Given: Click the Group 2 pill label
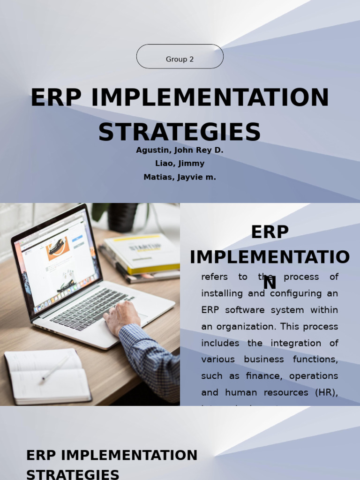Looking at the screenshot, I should pos(180,60).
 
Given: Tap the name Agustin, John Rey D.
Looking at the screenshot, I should pos(180,150).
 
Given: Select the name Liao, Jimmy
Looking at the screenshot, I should pos(180,164).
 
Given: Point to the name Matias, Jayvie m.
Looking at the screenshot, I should pos(180,177).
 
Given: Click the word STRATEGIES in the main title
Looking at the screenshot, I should pos(180,132).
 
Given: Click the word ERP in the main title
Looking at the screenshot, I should pos(56,98).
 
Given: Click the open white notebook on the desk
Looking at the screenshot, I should pos(47,375).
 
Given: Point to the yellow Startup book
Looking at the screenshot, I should pos(143,253).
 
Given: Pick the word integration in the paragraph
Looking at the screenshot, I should pos(296,343).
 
